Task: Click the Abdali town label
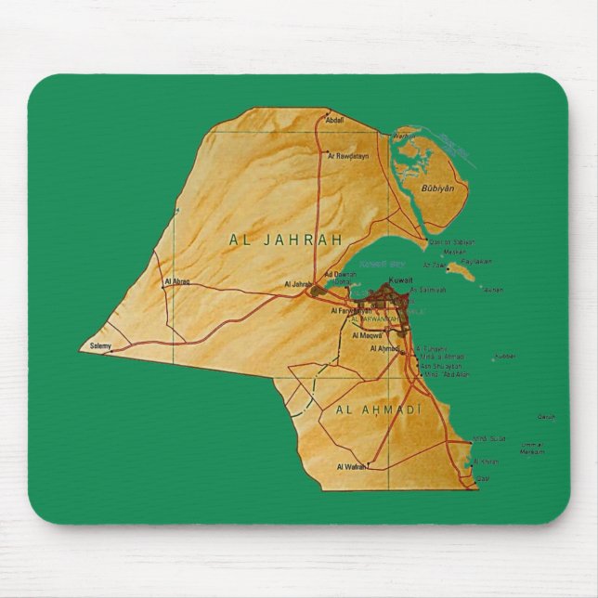click(x=336, y=120)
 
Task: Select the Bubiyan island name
click(x=437, y=188)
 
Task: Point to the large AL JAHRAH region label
click(x=286, y=240)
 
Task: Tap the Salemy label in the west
click(x=100, y=346)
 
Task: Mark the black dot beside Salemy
click(x=113, y=351)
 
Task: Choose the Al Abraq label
click(x=176, y=280)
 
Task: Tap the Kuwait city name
click(x=400, y=279)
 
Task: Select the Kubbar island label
click(x=504, y=356)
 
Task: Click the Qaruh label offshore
click(x=546, y=417)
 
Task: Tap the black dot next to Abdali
click(x=326, y=119)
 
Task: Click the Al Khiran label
click(x=486, y=461)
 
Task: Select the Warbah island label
click(x=401, y=136)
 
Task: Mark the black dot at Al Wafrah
click(x=368, y=466)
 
